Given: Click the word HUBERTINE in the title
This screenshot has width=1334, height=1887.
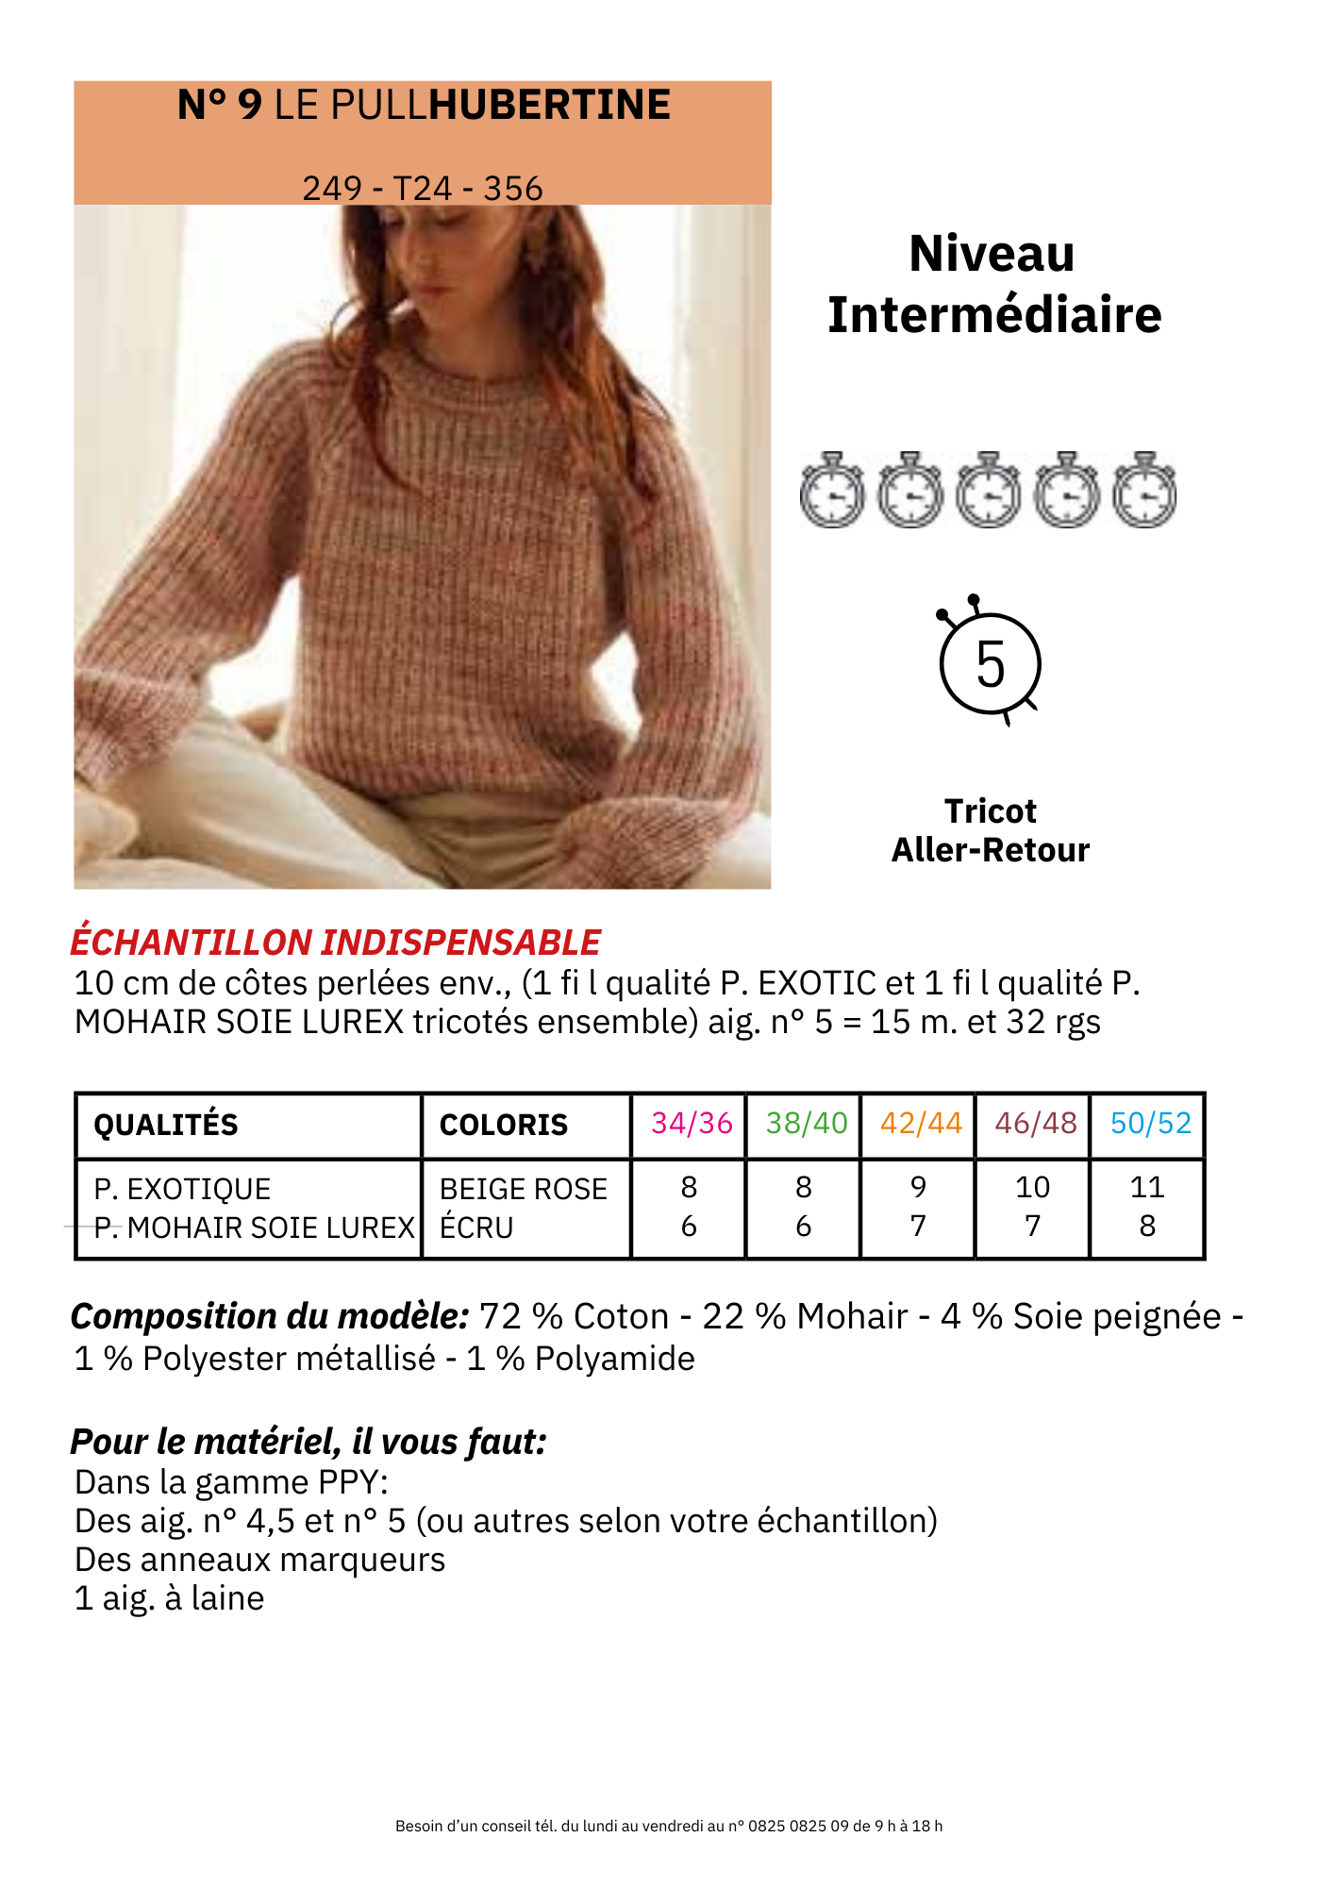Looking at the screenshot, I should (x=549, y=105).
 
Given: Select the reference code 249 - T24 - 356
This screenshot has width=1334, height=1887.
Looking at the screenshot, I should (x=423, y=189).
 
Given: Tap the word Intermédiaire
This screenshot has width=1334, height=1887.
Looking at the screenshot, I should (x=994, y=315).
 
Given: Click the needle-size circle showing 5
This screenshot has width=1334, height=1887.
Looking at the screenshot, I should (x=990, y=664).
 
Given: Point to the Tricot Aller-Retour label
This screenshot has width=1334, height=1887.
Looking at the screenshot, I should (x=991, y=830).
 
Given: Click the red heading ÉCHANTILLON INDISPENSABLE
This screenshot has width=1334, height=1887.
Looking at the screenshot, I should (x=336, y=943).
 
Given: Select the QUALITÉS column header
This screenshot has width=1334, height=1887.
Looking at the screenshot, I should (x=166, y=1125).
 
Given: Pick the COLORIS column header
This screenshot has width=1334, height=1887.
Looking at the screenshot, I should (x=504, y=1125).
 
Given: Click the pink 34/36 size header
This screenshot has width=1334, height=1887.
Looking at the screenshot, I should (x=692, y=1123).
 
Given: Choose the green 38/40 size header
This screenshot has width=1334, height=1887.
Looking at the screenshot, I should (x=807, y=1123).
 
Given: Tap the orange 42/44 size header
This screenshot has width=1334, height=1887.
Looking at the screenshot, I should (x=921, y=1123).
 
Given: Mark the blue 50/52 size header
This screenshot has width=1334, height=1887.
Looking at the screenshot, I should (x=1151, y=1123).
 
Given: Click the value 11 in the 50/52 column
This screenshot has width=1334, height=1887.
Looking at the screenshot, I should (x=1147, y=1187).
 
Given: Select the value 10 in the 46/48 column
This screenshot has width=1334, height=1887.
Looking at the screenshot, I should (x=1033, y=1187).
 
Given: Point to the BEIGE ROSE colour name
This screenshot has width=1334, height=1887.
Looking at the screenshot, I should (x=524, y=1189).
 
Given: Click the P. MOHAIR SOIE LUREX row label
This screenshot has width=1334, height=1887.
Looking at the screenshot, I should (x=255, y=1227).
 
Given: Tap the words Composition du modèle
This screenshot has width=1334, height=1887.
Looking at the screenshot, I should (x=270, y=1316).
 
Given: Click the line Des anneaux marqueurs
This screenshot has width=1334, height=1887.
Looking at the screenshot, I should (x=259, y=1560).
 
